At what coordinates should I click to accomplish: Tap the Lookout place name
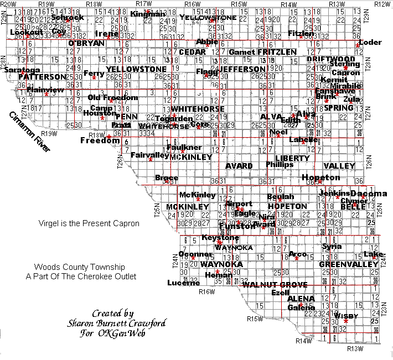pos(26,32)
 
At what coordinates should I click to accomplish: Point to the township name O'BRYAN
pos(85,43)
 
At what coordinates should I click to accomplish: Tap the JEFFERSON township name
pos(242,69)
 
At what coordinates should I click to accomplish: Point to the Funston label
pos(237,226)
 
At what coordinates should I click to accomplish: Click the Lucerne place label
pos(183,283)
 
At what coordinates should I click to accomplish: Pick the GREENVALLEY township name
pos(340,264)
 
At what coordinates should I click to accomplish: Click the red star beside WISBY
pos(346,321)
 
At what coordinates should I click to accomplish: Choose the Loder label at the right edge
pos(370,43)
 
